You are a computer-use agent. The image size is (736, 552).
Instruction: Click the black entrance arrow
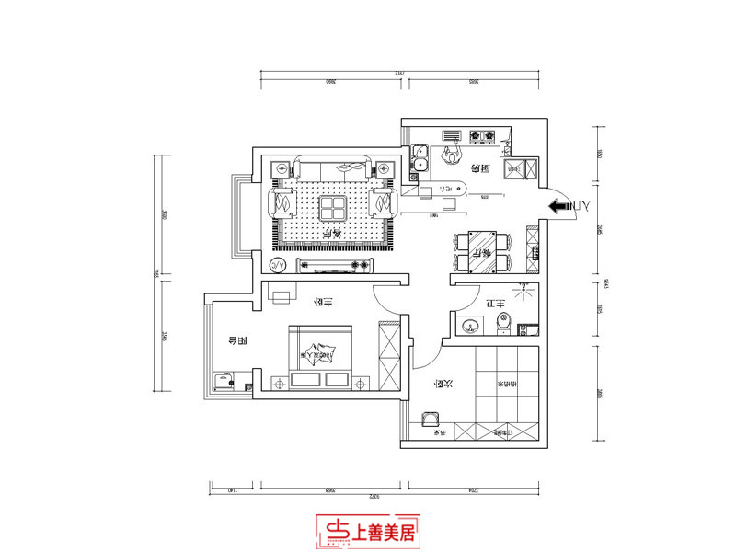point(557,208)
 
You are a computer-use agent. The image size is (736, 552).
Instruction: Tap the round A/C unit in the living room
point(277,266)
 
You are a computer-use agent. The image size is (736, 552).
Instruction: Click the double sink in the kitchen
point(419,157)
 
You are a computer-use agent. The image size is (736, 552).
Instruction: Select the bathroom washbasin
point(471,324)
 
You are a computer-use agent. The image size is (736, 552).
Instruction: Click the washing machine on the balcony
point(223,381)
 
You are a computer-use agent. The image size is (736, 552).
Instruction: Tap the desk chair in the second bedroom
point(430,420)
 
